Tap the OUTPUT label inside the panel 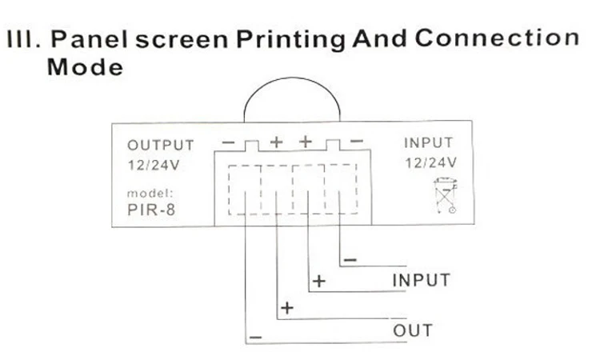(160, 146)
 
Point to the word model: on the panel (150, 194)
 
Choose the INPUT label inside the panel (429, 144)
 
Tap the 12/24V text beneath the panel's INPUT (430, 162)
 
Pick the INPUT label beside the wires (421, 281)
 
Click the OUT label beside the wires (412, 330)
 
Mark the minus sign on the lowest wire (255, 338)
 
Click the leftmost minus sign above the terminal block (229, 142)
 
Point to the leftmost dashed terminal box (244, 190)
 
